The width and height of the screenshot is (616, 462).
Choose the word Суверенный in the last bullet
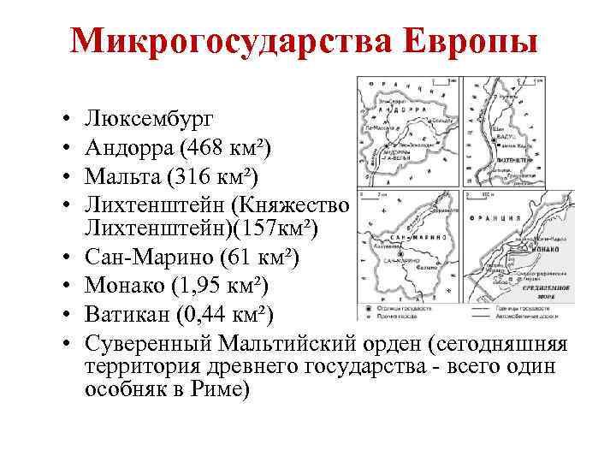(151, 345)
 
